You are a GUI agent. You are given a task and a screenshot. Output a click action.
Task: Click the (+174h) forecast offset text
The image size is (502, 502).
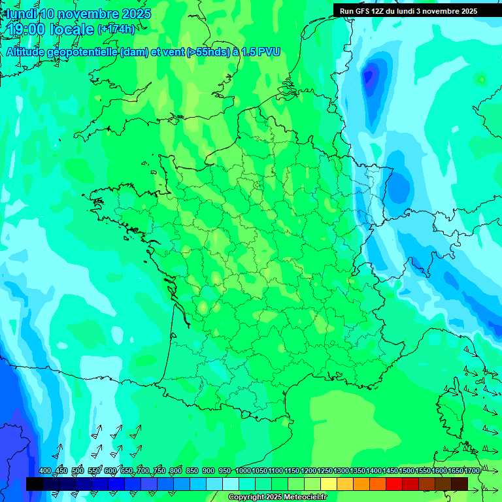tap(116, 29)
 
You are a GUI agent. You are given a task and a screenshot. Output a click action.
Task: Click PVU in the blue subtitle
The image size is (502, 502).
tap(270, 52)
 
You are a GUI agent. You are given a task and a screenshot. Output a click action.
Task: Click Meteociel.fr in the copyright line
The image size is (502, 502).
tap(301, 497)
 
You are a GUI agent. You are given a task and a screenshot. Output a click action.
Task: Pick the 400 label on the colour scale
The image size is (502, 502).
tap(45, 471)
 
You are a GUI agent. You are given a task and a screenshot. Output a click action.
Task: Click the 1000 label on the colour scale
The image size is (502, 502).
tap(243, 471)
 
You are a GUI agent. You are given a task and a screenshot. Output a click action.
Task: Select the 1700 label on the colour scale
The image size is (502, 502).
tap(471, 471)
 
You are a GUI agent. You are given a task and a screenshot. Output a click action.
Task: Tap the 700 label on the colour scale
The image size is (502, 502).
tap(143, 471)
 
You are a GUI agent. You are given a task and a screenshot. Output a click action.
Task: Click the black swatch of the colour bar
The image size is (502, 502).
tap(35, 484)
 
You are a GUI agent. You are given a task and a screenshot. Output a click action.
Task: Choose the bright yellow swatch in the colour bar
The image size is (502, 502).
tap(329, 484)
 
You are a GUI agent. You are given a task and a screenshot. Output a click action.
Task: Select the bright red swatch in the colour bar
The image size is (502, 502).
tap(394, 484)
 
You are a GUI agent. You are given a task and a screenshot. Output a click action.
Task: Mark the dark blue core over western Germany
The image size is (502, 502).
tap(371, 77)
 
